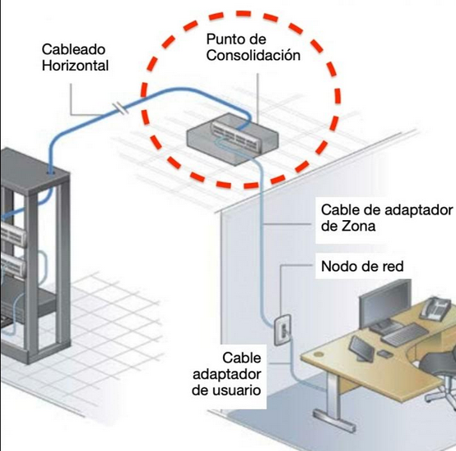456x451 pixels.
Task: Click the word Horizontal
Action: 75,65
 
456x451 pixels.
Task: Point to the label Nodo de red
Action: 362,266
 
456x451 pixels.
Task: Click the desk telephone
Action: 436,309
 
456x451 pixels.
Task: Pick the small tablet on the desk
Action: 361,347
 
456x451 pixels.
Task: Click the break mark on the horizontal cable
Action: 121,107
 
